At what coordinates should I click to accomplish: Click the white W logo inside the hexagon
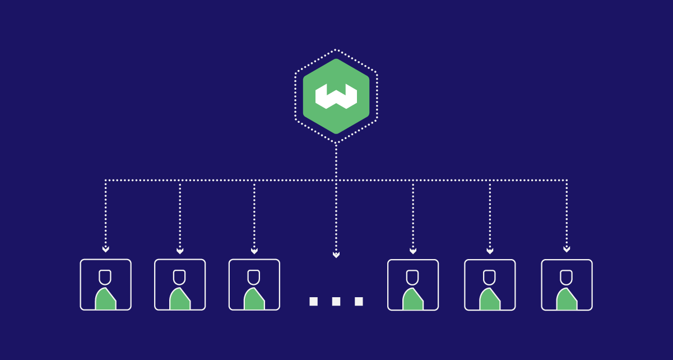[x=336, y=96]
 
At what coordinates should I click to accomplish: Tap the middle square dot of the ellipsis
[x=336, y=301]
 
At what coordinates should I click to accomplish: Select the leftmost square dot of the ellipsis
[x=313, y=301]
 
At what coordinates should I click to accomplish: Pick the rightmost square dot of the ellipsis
[x=359, y=301]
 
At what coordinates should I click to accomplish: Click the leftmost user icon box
[x=105, y=284]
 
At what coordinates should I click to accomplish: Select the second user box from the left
[x=180, y=284]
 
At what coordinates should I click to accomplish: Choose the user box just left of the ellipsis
[x=254, y=284]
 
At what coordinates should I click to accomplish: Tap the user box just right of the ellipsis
[x=413, y=284]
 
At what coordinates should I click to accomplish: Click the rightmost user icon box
[x=567, y=284]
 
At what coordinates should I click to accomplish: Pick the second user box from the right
[x=490, y=284]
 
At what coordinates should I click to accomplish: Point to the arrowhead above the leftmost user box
[x=105, y=249]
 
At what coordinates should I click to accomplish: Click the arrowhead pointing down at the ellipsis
[x=336, y=255]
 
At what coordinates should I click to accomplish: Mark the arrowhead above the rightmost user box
[x=567, y=249]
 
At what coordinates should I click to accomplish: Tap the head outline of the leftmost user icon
[x=105, y=277]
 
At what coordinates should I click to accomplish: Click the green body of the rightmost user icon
[x=567, y=300]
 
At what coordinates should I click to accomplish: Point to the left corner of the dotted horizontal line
[x=105, y=181]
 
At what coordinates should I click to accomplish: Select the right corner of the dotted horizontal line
[x=567, y=181]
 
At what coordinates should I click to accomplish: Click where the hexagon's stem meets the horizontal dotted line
[x=336, y=181]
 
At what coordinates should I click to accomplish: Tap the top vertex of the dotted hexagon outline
[x=336, y=50]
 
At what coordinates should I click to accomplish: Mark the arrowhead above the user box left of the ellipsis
[x=254, y=251]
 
